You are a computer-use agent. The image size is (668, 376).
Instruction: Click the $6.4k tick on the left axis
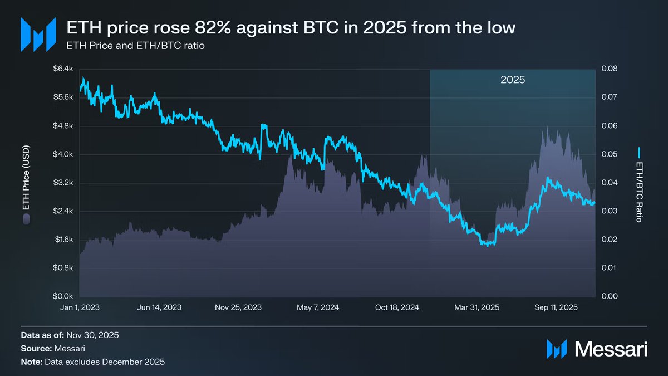[63, 69]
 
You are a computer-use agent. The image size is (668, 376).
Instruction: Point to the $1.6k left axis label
[63, 240]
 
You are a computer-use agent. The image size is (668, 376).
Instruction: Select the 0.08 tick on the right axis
[609, 69]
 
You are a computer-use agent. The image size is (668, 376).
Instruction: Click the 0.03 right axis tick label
[609, 211]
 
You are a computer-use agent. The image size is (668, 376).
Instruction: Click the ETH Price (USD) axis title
[26, 181]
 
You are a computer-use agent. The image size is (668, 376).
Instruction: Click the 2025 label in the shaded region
[513, 80]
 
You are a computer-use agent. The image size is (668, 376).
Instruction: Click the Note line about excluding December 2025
[93, 362]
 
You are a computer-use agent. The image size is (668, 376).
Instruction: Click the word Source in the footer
[36, 349]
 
